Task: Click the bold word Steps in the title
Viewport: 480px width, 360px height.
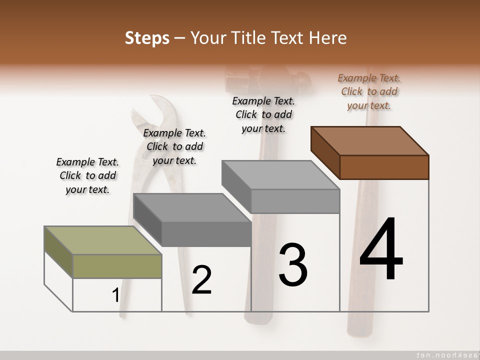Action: coord(147,38)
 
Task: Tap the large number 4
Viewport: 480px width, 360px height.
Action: coord(381,250)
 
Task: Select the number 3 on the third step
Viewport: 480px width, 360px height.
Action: coord(293,265)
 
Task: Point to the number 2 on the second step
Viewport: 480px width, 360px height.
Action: coord(201,280)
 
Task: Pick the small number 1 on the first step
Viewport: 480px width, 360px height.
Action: coord(115,295)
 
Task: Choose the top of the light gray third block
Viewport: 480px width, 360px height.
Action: coord(280,175)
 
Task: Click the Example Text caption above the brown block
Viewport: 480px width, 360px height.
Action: coord(369,91)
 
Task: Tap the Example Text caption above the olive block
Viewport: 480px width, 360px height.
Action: coord(87,175)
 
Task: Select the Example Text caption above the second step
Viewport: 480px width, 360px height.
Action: coord(174,146)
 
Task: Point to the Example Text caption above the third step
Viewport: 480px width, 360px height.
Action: coord(263,114)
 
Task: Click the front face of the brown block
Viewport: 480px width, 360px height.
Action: coord(384,167)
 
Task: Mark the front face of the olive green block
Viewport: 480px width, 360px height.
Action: coord(117,266)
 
